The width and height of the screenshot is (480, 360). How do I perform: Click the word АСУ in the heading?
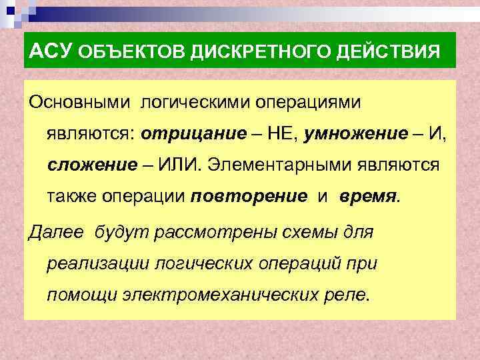click(51, 51)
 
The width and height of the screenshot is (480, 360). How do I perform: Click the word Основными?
click(80, 101)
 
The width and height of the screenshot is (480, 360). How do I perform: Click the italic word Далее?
click(57, 232)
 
